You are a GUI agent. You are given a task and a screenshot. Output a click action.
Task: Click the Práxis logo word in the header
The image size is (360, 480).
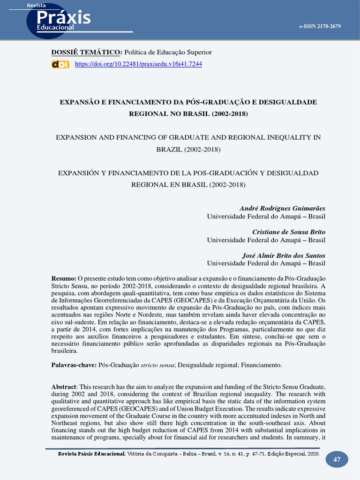click(63, 17)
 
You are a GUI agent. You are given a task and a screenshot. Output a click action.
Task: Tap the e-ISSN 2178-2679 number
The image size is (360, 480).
click(320, 26)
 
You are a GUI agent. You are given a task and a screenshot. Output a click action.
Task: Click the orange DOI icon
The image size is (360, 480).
click(60, 64)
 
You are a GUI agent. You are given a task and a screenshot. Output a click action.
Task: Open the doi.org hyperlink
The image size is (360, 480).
click(138, 64)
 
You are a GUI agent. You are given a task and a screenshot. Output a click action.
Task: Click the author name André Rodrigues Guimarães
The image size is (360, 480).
click(282, 208)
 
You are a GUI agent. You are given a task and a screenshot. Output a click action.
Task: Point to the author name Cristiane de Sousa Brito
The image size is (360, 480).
click(289, 232)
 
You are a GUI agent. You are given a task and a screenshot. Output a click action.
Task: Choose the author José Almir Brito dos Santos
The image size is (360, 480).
click(284, 255)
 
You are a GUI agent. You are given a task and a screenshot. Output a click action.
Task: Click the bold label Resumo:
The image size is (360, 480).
click(64, 278)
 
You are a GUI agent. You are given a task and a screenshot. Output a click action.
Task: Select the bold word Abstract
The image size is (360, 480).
click(63, 387)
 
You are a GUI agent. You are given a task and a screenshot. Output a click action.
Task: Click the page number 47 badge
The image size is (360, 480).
click(337, 459)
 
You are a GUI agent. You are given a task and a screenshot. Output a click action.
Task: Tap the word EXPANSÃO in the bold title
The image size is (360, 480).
click(77, 102)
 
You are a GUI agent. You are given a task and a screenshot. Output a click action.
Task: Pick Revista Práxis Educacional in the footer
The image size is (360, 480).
click(91, 454)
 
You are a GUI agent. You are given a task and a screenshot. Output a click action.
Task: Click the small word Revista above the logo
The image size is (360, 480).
click(36, 5)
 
